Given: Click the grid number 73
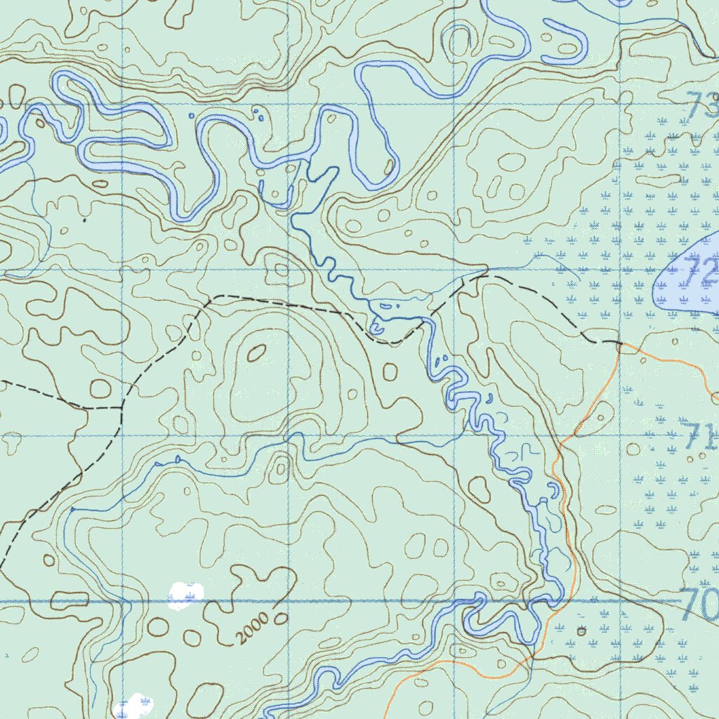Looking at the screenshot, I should coord(702,107).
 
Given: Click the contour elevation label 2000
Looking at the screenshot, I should coord(252,628).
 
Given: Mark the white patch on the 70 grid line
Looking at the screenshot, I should coord(185,593).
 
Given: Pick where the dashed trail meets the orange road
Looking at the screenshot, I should coord(619,343).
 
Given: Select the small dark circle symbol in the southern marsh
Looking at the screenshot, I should coord(581,631).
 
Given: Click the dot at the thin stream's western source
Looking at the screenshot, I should coord(72,508).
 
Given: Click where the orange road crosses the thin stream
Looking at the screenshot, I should coord(532,657).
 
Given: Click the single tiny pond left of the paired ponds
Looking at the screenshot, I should coord(192,114).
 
